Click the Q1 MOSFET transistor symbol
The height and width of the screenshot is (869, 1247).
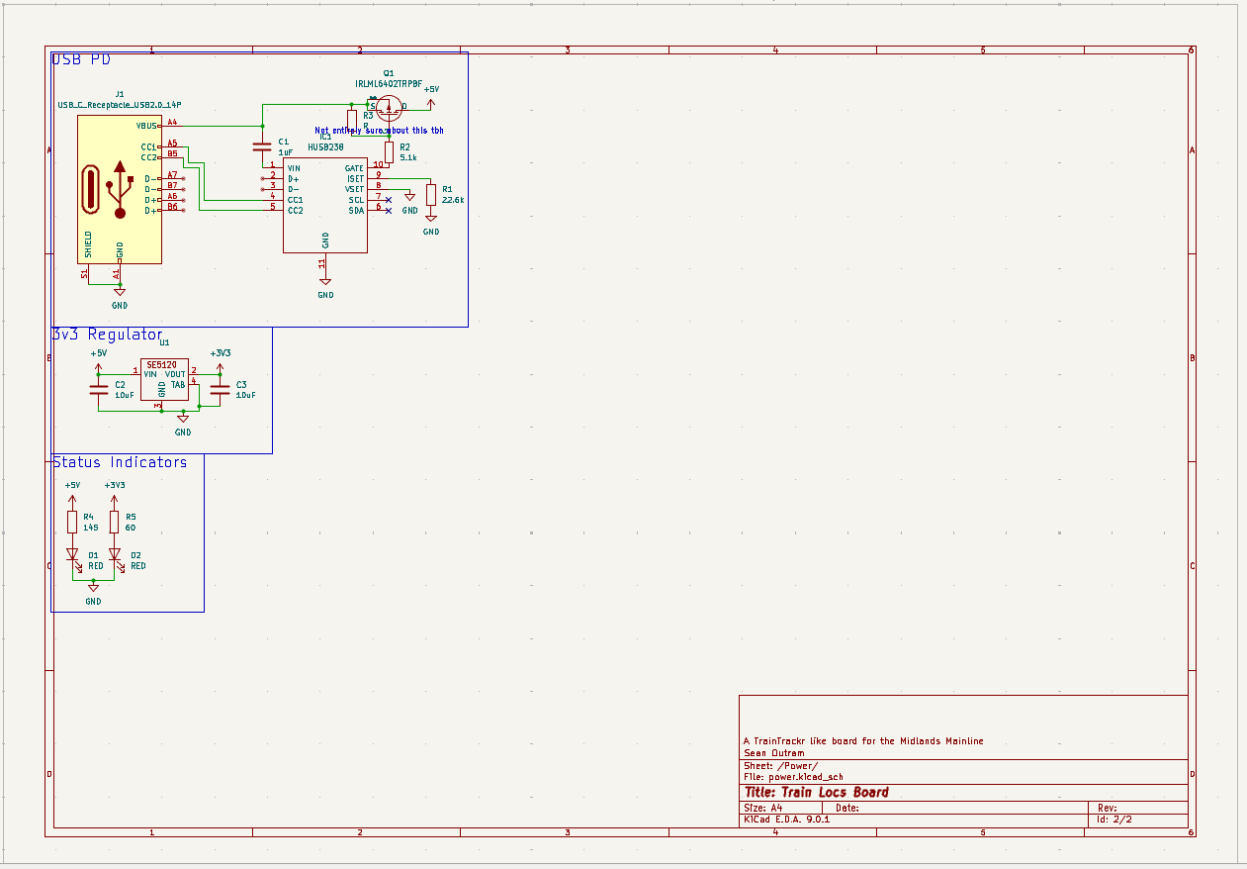[388, 108]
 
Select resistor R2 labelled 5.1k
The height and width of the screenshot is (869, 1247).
[390, 151]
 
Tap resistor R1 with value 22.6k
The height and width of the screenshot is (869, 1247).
[431, 194]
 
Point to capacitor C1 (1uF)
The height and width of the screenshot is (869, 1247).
[262, 146]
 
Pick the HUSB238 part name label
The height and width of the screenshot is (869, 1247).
[325, 146]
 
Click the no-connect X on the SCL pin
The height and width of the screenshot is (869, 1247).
[388, 200]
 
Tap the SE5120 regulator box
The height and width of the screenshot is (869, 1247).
[163, 379]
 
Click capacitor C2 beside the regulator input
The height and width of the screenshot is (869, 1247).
[98, 389]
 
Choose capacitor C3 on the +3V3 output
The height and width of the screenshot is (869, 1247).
[220, 389]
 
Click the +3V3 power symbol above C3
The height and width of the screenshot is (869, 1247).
[220, 355]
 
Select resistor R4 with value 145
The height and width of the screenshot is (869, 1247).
[72, 522]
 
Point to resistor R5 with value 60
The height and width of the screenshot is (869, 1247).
[115, 522]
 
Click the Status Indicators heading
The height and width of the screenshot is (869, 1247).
[120, 462]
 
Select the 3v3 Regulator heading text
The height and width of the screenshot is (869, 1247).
[107, 335]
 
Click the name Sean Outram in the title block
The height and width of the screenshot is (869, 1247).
[773, 752]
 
